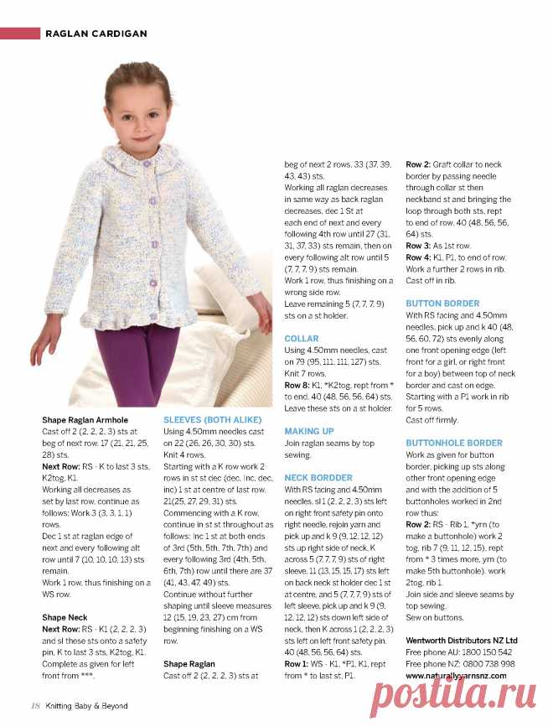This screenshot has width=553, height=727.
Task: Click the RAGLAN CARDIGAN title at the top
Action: point(96,34)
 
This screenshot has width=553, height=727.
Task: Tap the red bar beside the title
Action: point(20,34)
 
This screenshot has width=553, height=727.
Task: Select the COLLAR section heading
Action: point(302,339)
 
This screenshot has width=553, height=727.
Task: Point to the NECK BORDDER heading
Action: point(319,477)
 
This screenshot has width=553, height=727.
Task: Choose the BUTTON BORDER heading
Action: point(442,304)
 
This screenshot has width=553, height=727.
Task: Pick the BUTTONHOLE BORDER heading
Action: point(454,442)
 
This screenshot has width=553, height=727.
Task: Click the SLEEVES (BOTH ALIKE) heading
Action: point(212,418)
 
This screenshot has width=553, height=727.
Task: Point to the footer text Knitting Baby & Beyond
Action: point(86,706)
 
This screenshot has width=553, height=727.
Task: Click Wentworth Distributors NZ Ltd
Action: point(462,640)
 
